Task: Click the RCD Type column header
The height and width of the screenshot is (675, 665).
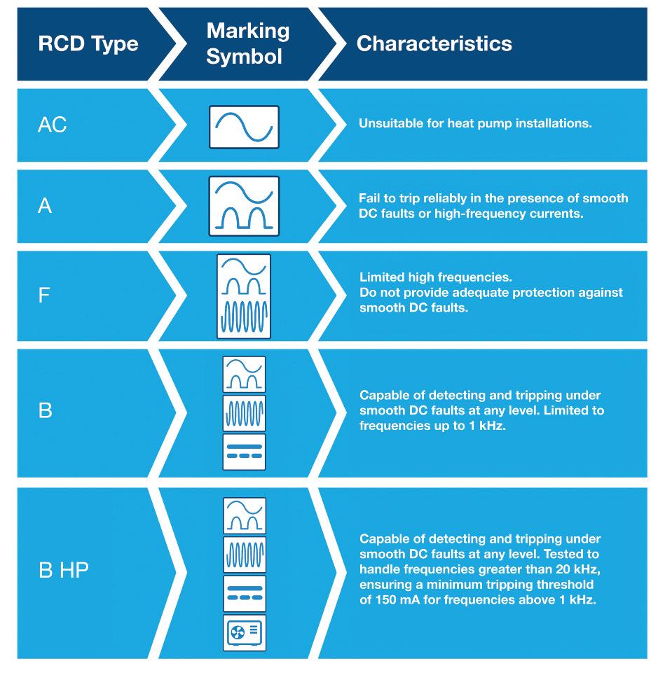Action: (88, 44)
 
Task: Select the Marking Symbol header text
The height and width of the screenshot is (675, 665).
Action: (248, 43)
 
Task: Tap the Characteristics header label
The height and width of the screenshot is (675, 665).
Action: (434, 44)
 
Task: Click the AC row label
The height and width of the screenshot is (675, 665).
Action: (52, 126)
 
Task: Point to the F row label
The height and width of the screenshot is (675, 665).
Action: (44, 294)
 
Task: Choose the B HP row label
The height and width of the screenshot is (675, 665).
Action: (63, 571)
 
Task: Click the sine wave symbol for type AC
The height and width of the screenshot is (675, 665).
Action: (244, 127)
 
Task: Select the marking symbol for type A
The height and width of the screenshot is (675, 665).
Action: (244, 206)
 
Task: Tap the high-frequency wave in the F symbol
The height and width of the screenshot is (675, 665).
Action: (244, 315)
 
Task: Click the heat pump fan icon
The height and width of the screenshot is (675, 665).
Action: (244, 634)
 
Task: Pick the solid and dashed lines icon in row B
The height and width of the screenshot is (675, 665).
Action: (244, 452)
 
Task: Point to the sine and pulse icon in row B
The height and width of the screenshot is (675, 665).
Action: (244, 374)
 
